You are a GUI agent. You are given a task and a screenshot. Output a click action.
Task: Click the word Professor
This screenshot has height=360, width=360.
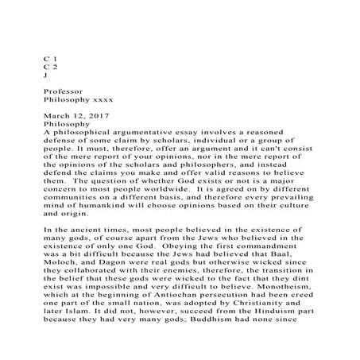point(64,92)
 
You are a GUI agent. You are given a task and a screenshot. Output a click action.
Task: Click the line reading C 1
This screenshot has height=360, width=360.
point(49,60)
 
